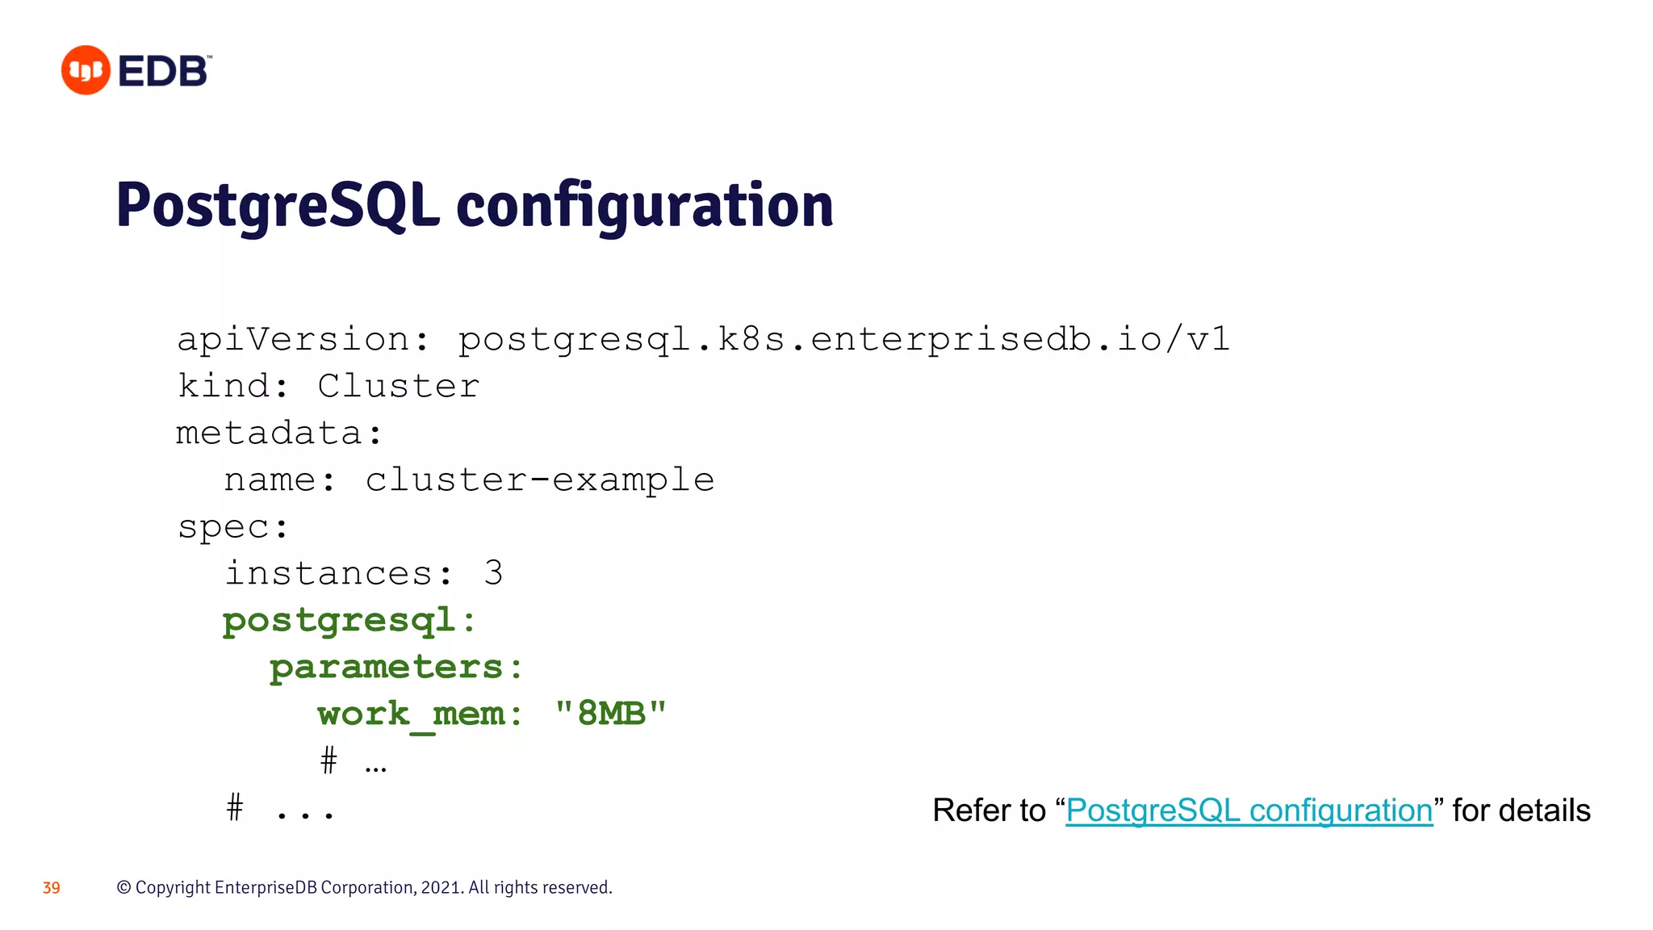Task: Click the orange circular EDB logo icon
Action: (x=86, y=70)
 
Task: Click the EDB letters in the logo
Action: (x=164, y=71)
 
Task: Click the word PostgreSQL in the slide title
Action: (x=277, y=206)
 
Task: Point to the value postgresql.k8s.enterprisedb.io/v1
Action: (x=843, y=339)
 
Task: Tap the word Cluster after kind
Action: (x=398, y=386)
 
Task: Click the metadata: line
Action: (x=278, y=433)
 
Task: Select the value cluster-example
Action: (x=539, y=480)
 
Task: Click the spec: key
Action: (x=232, y=526)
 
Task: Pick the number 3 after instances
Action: (x=493, y=573)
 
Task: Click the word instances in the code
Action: (x=329, y=573)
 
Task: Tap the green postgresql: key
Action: (x=349, y=620)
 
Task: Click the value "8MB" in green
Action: (x=611, y=714)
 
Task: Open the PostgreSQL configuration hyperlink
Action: (x=1248, y=811)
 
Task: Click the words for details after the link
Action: (x=1521, y=811)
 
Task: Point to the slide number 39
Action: (x=52, y=888)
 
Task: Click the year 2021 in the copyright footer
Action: (x=441, y=888)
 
